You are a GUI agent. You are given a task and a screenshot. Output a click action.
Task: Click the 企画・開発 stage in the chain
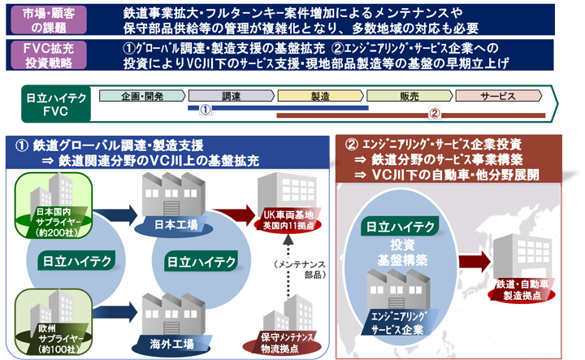[143, 96]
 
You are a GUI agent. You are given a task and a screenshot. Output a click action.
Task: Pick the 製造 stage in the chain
[320, 96]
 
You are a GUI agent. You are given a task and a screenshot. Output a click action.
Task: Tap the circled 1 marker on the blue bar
[206, 108]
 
